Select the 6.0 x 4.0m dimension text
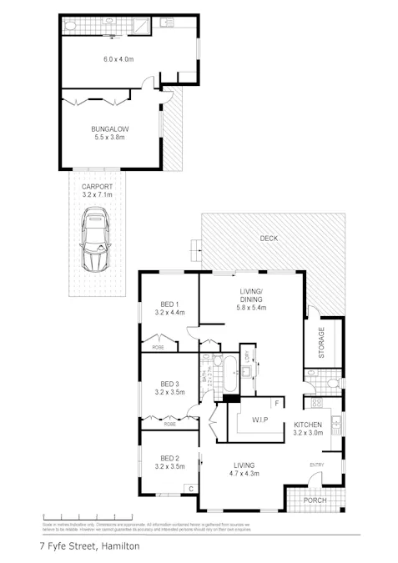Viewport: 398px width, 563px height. tap(119, 59)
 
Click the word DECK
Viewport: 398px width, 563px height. tap(268, 239)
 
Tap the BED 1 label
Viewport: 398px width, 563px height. tap(169, 307)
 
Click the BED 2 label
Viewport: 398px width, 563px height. tap(169, 458)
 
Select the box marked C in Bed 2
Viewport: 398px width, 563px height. tap(191, 489)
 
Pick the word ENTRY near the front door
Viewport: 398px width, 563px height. tap(317, 465)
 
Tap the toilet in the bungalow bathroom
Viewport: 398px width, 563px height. tap(70, 26)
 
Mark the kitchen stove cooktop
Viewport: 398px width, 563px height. tap(317, 404)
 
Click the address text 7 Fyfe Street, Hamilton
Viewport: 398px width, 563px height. tap(89, 547)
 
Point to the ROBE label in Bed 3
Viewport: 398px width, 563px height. tap(169, 425)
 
